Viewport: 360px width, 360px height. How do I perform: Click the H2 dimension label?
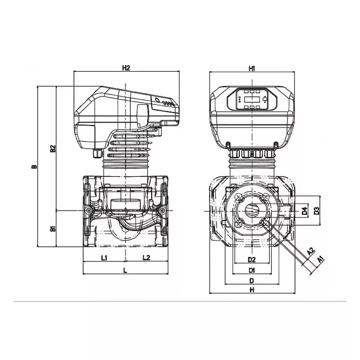point(126,68)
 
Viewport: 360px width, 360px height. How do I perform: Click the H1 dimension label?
point(252,68)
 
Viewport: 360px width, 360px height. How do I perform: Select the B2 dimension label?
point(53,148)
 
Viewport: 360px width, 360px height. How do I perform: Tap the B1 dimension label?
point(53,229)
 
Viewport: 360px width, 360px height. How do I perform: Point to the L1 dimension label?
point(104,258)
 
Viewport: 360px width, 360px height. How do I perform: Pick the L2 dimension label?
point(146,257)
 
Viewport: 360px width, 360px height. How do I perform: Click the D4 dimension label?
point(305,211)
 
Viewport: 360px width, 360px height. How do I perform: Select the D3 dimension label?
point(316,211)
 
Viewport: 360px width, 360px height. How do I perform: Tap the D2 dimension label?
point(252,260)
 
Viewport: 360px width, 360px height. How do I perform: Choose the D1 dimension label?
point(252,270)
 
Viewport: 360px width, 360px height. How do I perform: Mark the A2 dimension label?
point(310,252)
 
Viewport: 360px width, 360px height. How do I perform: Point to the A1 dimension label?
point(320,260)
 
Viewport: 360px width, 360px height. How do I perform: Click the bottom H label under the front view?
point(252,290)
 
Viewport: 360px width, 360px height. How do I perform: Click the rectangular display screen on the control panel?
point(252,99)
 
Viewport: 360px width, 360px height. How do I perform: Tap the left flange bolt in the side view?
point(88,210)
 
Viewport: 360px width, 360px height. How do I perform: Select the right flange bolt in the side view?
point(162,210)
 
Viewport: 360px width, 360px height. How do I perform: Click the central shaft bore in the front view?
point(252,211)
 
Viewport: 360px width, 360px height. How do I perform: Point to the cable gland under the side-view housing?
point(97,153)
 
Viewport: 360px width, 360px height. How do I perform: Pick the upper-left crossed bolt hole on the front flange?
point(239,197)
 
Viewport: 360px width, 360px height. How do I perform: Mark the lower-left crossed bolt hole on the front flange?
point(239,223)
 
